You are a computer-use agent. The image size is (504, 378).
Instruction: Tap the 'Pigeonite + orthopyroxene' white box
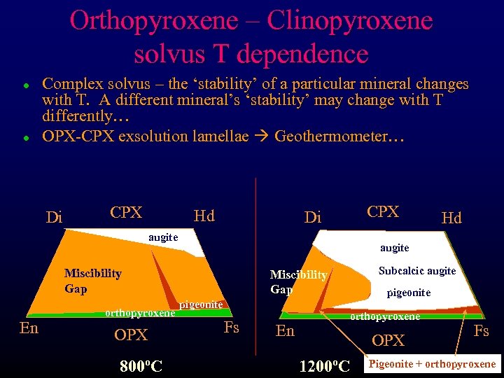click(432, 363)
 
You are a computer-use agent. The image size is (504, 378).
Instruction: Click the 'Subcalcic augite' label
click(417, 271)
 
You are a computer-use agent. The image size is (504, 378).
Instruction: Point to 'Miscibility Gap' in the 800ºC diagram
click(92, 280)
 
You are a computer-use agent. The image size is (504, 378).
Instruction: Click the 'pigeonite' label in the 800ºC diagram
click(201, 304)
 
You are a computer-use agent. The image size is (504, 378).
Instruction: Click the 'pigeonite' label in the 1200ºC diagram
click(409, 293)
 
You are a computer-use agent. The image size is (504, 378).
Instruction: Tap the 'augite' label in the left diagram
click(163, 237)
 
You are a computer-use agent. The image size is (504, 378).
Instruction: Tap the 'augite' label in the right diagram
click(395, 248)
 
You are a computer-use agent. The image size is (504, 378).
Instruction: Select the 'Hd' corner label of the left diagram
click(204, 216)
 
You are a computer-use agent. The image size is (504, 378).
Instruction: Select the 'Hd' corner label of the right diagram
click(451, 218)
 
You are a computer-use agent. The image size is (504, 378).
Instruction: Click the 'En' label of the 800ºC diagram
click(29, 328)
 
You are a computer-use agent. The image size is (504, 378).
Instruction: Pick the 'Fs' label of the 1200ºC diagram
click(482, 330)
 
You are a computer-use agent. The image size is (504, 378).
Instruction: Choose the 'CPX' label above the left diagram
click(126, 212)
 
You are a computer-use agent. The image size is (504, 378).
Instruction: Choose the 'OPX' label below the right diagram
click(388, 340)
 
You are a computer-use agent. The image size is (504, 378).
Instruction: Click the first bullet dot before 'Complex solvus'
click(25, 85)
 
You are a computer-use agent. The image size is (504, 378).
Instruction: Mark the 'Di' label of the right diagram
click(313, 218)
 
